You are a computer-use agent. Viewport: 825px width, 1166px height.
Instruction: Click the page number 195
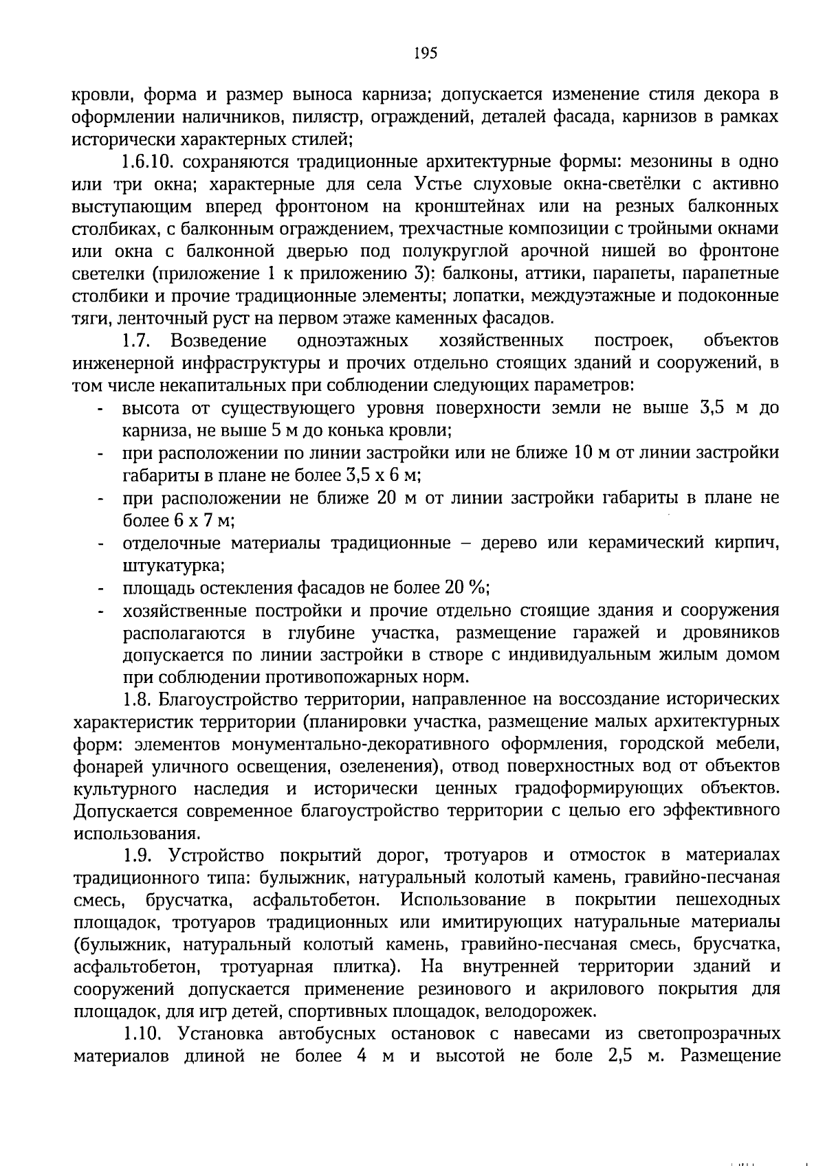426,54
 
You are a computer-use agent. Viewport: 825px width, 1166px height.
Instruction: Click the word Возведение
219,341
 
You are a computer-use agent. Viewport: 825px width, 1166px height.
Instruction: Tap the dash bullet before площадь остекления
101,590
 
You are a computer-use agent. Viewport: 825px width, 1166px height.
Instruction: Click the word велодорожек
539,1012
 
